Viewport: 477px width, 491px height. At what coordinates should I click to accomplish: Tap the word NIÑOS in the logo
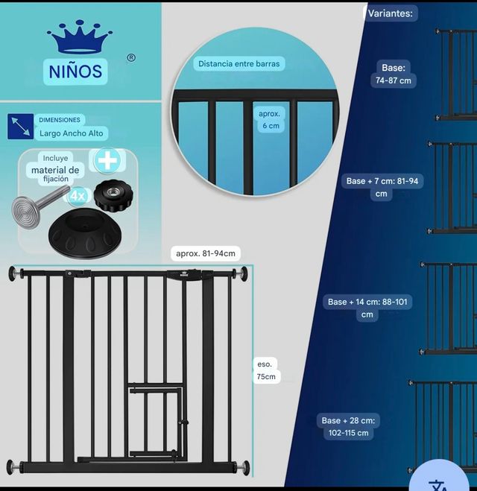[x=76, y=72]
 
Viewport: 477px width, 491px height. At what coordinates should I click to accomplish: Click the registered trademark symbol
[x=131, y=57]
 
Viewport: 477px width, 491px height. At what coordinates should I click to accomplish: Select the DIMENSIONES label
[x=60, y=119]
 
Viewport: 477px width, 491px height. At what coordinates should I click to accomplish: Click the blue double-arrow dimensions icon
[x=20, y=127]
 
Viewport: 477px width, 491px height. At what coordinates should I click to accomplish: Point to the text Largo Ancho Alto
[x=72, y=133]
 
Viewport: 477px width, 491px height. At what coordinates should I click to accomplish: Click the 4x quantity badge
[x=78, y=196]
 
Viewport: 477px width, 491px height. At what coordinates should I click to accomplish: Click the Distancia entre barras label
[x=239, y=64]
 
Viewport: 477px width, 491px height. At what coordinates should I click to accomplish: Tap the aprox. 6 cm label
[x=269, y=120]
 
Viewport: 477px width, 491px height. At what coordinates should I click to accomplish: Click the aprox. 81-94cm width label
[x=206, y=253]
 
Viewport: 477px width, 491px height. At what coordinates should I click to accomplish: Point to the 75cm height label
[x=266, y=370]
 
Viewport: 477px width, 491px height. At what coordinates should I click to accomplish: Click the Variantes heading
[x=391, y=13]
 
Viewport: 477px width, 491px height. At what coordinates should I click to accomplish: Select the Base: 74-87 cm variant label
[x=394, y=74]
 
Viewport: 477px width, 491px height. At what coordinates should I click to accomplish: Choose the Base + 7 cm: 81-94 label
[x=382, y=187]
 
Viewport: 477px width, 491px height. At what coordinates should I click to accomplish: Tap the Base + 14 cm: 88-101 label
[x=369, y=308]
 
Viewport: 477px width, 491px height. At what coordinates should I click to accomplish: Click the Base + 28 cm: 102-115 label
[x=349, y=426]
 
